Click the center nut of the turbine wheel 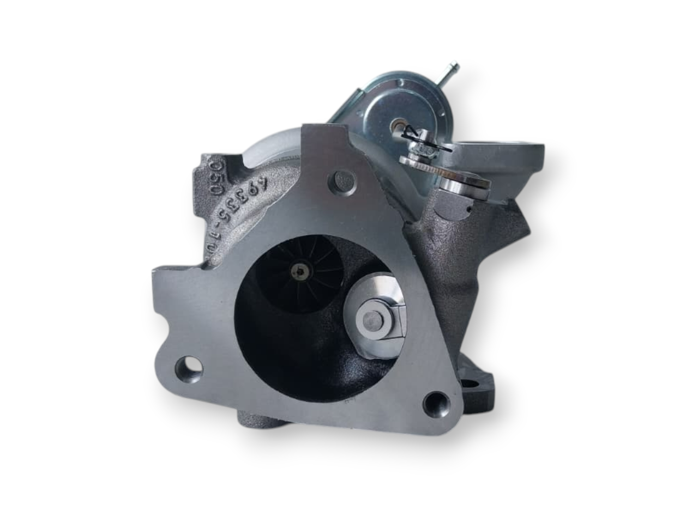(x=299, y=268)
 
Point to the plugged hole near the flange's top (x=343, y=180)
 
